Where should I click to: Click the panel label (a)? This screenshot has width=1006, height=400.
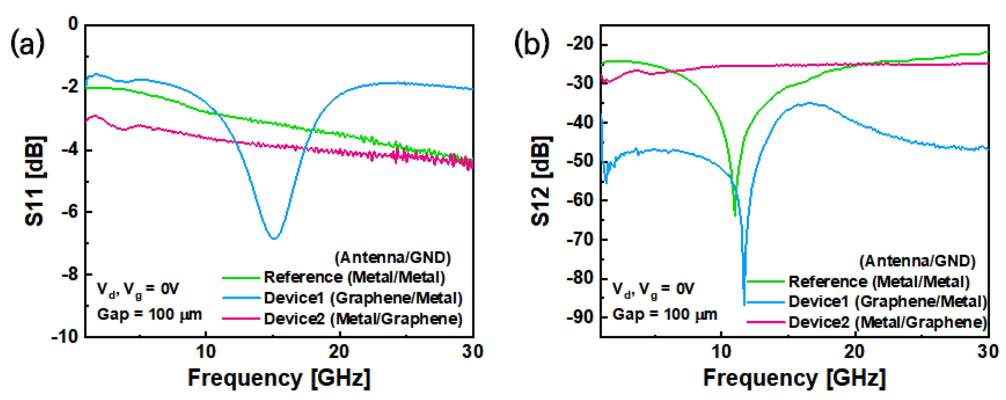pyautogui.click(x=27, y=43)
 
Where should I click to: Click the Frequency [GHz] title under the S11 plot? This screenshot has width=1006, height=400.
pyautogui.click(x=279, y=378)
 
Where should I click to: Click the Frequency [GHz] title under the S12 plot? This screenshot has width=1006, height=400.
pyautogui.click(x=794, y=378)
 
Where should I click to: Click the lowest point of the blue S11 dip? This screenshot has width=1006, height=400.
pyautogui.click(x=274, y=238)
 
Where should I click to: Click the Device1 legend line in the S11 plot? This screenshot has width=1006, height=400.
pyautogui.click(x=241, y=298)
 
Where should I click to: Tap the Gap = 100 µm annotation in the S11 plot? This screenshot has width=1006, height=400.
pyautogui.click(x=149, y=314)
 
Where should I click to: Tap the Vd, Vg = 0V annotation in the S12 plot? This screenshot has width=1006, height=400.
pyautogui.click(x=653, y=289)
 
